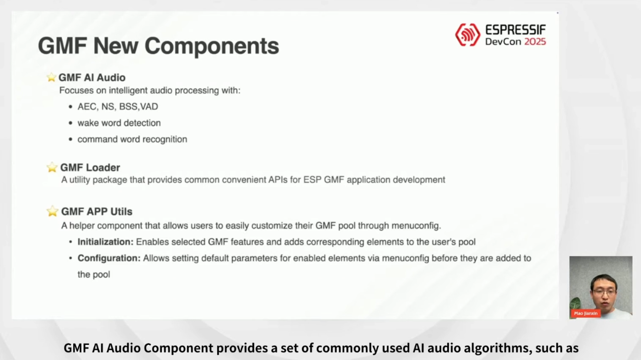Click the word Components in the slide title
pos(212,46)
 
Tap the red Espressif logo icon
pos(467,35)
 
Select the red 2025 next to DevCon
pos(535,42)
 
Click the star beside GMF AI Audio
pos(51,77)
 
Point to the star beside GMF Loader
pos(52,168)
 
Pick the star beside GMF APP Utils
pos(52,211)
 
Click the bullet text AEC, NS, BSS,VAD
pos(118,107)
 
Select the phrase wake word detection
pos(119,123)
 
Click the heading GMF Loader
pos(90,168)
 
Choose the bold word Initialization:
pos(105,242)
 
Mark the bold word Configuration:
pos(109,259)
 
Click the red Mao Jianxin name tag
pos(586,314)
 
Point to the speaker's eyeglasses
pos(604,292)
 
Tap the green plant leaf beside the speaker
pos(575,303)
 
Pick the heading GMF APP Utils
pos(97,212)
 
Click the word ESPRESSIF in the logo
pos(516,30)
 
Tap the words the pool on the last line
pos(94,275)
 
